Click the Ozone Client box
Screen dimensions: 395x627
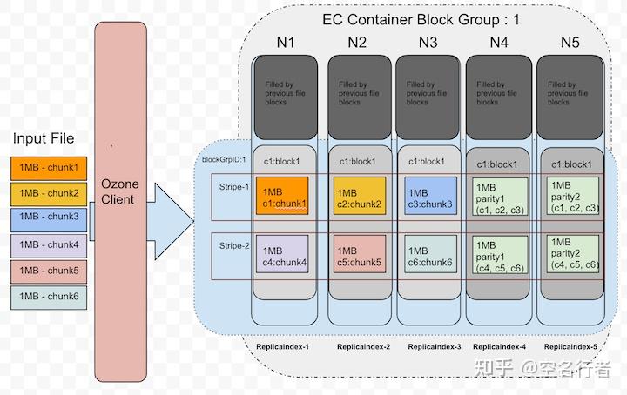119,191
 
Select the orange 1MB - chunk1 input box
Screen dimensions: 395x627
49,168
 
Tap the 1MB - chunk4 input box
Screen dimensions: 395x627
49,245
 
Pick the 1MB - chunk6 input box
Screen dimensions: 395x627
49,297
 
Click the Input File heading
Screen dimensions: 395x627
44,138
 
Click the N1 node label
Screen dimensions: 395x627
285,42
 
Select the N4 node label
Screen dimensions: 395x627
498,42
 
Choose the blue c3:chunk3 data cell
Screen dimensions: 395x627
429,197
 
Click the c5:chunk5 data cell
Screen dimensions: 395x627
358,256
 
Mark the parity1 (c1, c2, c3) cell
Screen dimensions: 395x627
498,197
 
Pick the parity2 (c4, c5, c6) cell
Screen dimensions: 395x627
571,253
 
